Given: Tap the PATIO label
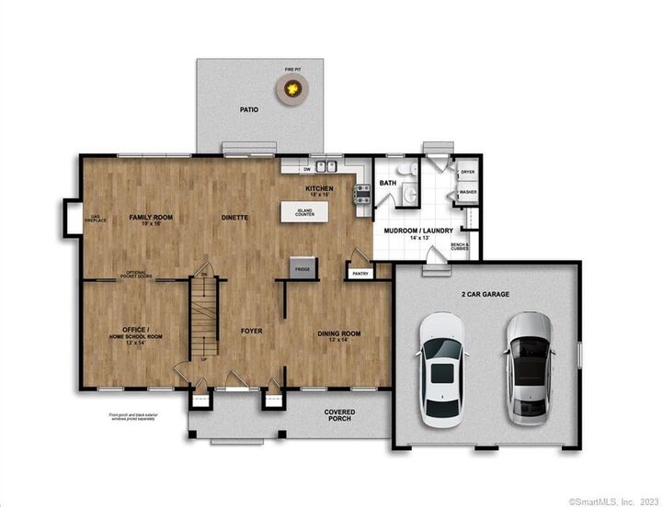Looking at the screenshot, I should click(x=248, y=109).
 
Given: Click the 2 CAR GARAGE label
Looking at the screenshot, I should click(x=486, y=294).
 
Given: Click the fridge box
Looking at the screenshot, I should click(x=302, y=267).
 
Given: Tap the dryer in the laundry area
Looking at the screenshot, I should click(x=467, y=172).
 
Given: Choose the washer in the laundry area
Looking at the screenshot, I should click(x=467, y=192).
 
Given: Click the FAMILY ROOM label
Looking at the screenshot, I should click(x=151, y=219).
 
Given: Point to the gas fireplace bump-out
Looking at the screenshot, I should click(x=70, y=218).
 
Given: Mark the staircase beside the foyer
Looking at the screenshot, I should click(x=206, y=321).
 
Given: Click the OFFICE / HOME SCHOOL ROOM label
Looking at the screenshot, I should click(x=136, y=332).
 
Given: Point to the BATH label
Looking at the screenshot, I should click(x=388, y=183).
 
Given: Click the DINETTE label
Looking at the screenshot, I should click(x=236, y=218).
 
